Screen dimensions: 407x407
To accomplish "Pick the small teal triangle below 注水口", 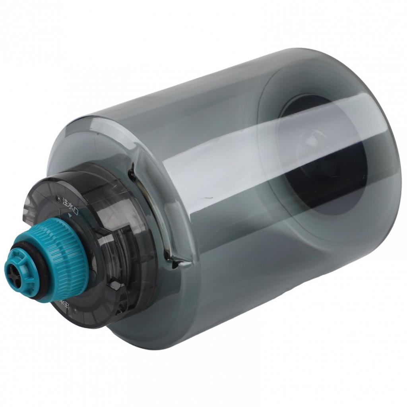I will click(71, 216).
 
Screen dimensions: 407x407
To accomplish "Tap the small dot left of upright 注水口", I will click(58, 198).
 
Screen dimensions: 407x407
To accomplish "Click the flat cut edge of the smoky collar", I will click(30, 207).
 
